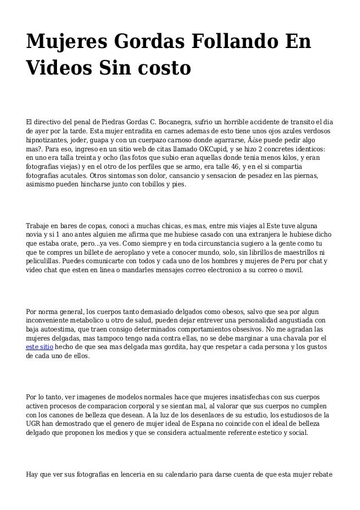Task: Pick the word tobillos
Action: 153,184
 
